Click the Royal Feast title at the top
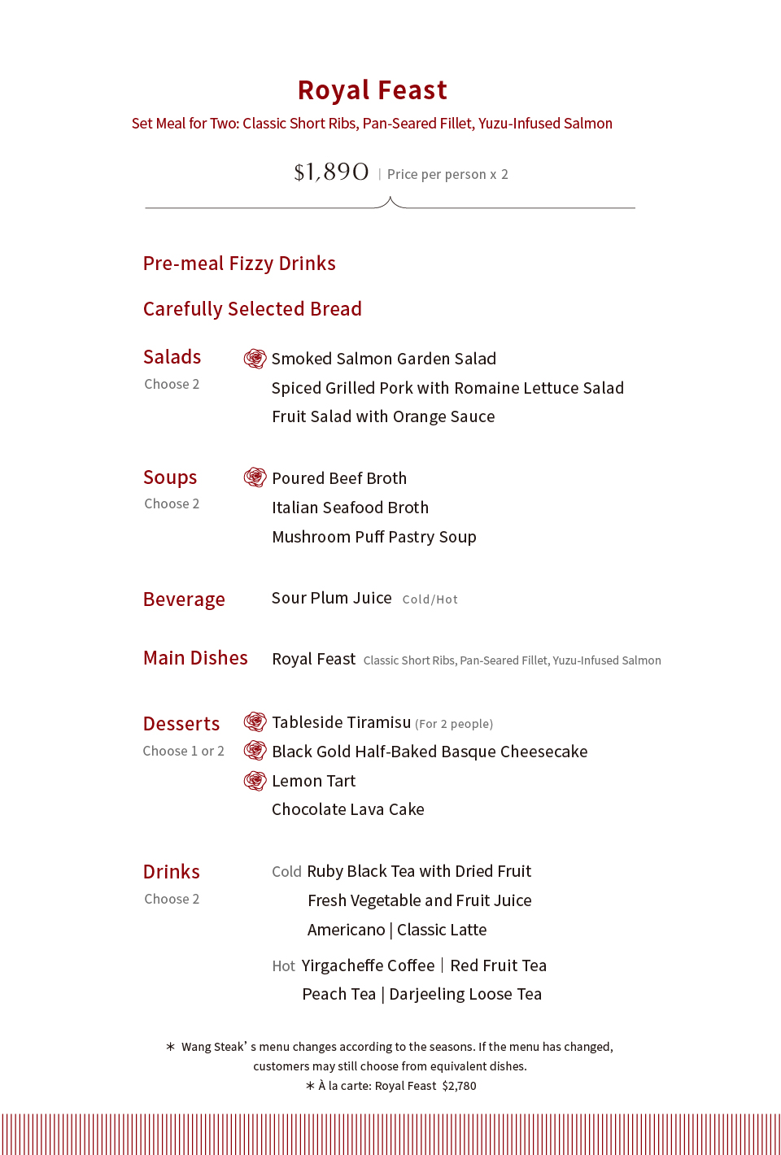pos(373,90)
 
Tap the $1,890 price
pos(331,172)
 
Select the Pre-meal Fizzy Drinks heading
pos(239,264)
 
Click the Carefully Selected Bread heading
pos(252,309)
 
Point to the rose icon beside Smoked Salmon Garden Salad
pos(255,359)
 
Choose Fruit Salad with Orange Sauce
pos(383,416)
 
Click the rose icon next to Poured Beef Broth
pos(255,477)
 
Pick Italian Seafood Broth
pos(350,508)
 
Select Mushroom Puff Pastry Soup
pos(374,537)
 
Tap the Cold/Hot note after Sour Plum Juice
pos(430,599)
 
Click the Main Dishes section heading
pos(195,658)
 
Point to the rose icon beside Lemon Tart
pos(255,781)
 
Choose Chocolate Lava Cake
pos(348,809)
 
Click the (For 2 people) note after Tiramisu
pos(454,724)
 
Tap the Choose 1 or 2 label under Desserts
pos(183,751)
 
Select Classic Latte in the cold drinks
pos(442,930)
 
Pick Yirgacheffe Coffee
pos(368,965)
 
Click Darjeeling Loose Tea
pos(465,994)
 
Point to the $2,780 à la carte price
pos(459,1086)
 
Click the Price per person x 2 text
pos(447,174)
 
